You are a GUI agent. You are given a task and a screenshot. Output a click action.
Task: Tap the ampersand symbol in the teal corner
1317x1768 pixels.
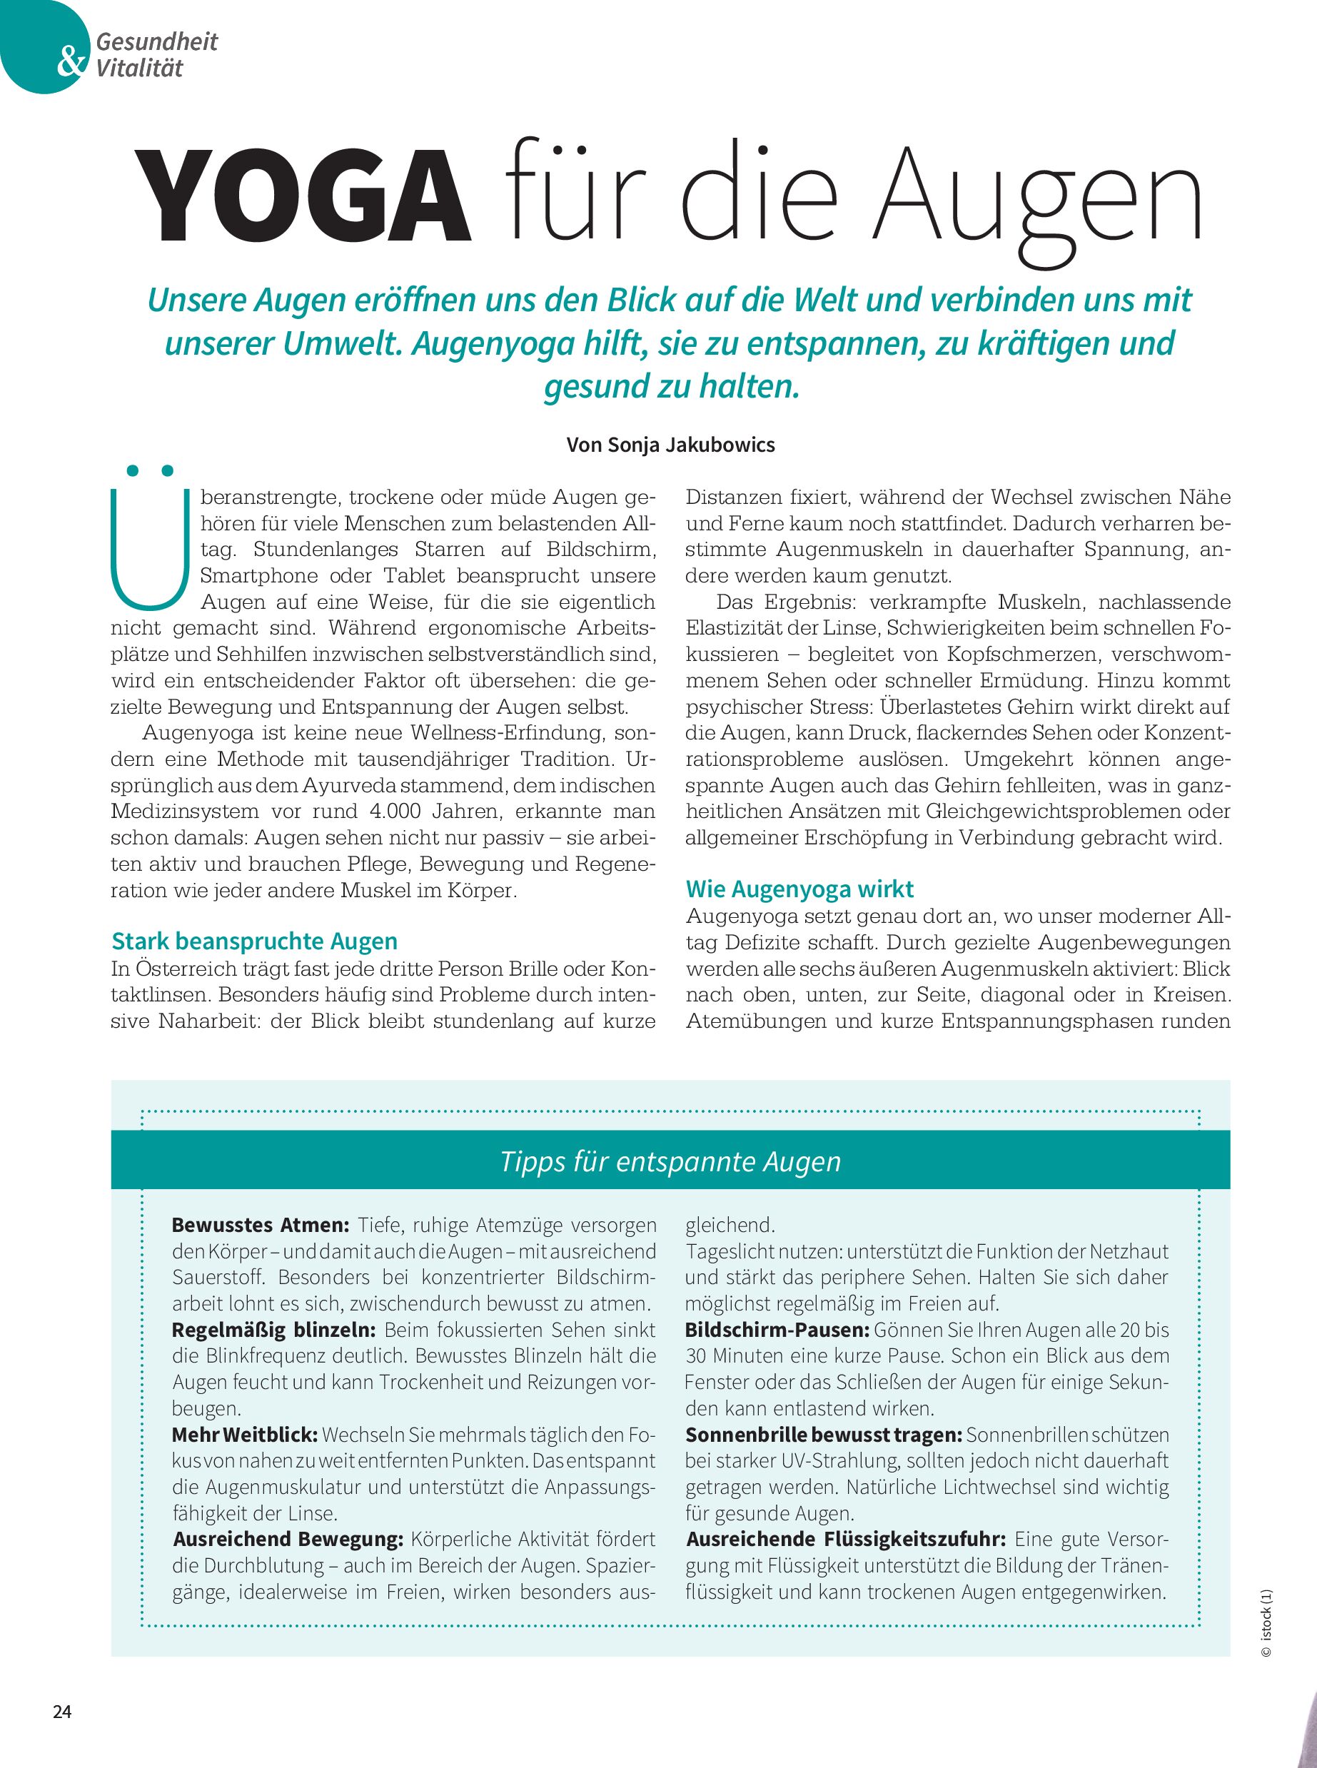tap(72, 61)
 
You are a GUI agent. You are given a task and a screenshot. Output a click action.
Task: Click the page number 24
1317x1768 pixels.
tap(62, 1712)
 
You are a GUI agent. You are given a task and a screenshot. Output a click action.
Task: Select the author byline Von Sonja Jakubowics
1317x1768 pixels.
tap(670, 445)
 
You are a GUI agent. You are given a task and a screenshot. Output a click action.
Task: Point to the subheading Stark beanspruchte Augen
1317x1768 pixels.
tap(254, 941)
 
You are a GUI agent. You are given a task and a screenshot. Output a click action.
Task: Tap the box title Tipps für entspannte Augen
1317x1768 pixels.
tap(670, 1161)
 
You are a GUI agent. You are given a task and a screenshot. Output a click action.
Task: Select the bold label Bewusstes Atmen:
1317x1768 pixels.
tap(261, 1225)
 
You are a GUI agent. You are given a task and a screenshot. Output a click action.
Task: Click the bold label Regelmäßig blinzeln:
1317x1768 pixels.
tap(273, 1330)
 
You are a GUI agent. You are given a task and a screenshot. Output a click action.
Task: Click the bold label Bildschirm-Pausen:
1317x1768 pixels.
tap(777, 1330)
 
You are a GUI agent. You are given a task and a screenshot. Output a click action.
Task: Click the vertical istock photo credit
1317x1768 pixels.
tap(1267, 1623)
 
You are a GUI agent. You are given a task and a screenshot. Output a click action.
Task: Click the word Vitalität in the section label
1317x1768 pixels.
tap(139, 69)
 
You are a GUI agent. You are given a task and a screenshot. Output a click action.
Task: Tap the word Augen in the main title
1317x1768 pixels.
tap(1036, 199)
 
